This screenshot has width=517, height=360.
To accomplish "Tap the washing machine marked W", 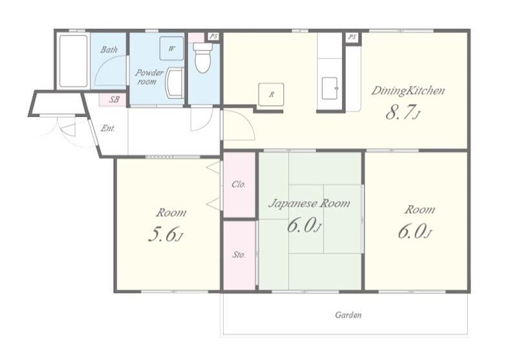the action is point(171,48).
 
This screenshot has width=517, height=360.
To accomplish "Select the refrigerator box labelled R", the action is point(271,94).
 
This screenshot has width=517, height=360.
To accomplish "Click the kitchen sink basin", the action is point(330,88).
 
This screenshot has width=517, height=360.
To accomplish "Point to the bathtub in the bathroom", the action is point(73,61).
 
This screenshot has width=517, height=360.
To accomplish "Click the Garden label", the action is point(348,315).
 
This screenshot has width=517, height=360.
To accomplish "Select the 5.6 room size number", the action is point(165,235).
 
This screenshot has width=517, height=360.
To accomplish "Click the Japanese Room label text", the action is point(310,204).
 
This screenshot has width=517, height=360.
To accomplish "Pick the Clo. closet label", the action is point(238,184).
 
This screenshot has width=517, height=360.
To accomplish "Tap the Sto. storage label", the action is point(238,255).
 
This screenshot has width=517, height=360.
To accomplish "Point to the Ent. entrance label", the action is point(108,128).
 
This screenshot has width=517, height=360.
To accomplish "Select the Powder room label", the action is point(149,77).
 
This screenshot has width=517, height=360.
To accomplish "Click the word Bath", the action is point(109,50).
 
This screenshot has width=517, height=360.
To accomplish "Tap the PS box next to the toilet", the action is point(214,36).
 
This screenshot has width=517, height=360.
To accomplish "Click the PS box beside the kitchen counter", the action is point(352,37).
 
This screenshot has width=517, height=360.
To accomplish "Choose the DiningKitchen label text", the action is point(408,90).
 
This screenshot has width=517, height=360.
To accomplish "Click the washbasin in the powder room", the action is point(175,83).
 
